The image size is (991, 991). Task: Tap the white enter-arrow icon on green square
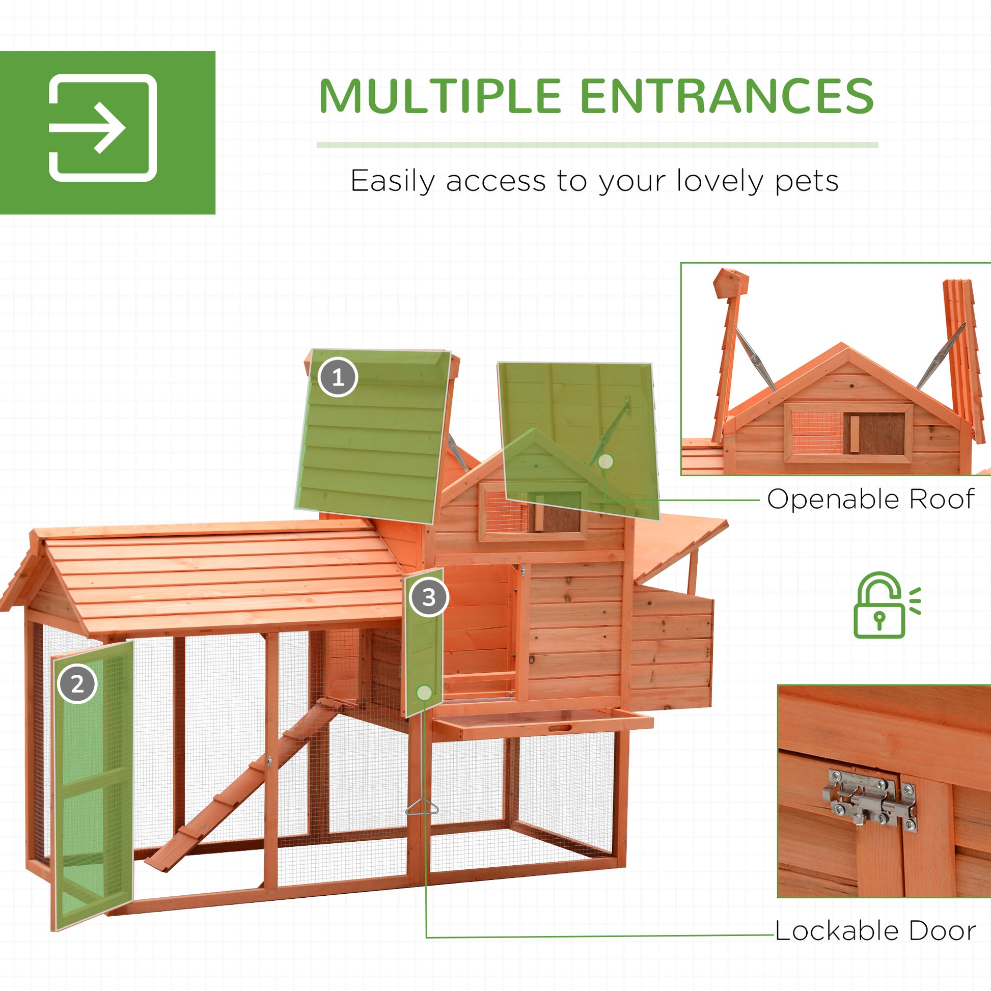(102, 128)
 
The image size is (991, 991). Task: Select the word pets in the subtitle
(806, 182)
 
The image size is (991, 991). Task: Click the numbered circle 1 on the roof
(338, 378)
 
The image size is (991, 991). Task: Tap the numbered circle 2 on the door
(77, 684)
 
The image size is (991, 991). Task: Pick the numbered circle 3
(429, 597)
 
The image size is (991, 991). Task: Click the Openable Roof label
(870, 499)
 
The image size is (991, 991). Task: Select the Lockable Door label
(875, 931)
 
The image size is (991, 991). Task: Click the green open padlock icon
(886, 605)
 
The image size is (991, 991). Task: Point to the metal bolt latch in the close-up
(870, 804)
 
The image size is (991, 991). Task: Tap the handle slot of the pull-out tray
(560, 728)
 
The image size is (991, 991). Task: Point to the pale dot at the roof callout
(606, 462)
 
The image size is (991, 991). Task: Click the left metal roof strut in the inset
(755, 359)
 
